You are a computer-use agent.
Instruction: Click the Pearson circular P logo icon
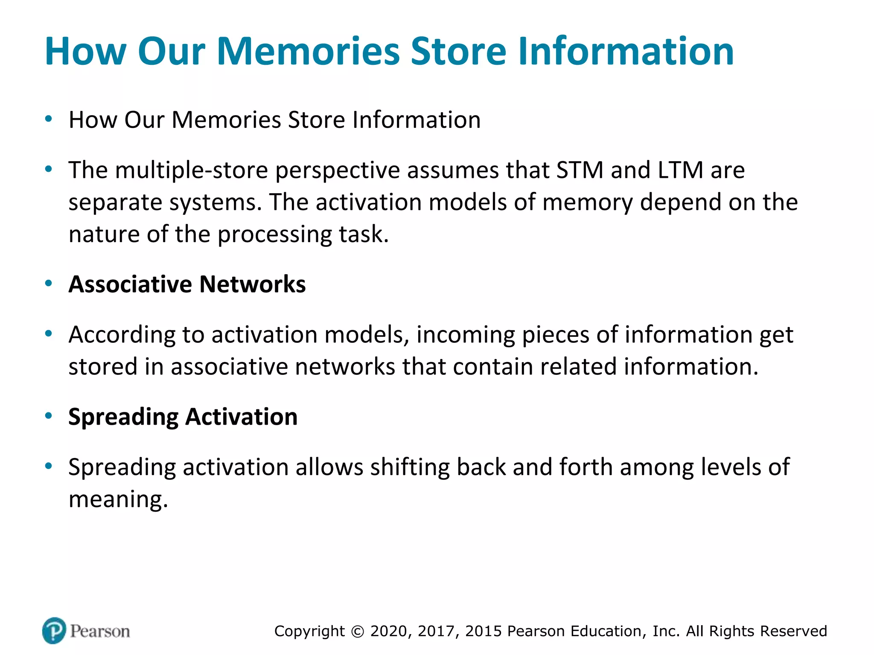click(54, 630)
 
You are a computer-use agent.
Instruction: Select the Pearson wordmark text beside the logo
click(100, 631)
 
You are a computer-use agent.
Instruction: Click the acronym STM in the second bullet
click(580, 170)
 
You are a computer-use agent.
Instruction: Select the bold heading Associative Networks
click(187, 284)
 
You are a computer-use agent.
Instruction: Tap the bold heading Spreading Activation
click(183, 417)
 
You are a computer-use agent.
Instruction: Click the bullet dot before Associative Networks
click(49, 283)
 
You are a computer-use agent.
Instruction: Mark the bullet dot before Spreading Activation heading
click(49, 416)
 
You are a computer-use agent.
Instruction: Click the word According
click(122, 335)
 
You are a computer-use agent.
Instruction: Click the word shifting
click(410, 467)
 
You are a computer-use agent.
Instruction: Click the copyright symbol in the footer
click(358, 632)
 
